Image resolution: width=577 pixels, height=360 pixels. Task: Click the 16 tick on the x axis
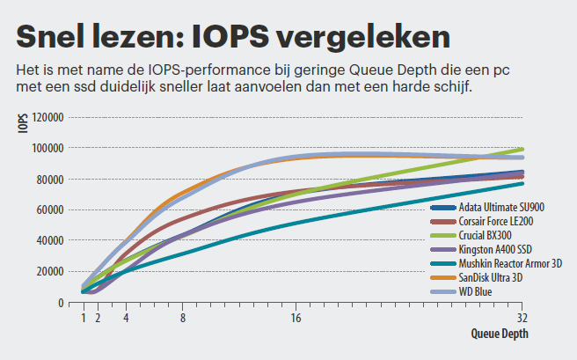click(x=296, y=317)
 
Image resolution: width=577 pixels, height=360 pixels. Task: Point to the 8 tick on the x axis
click(x=182, y=317)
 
